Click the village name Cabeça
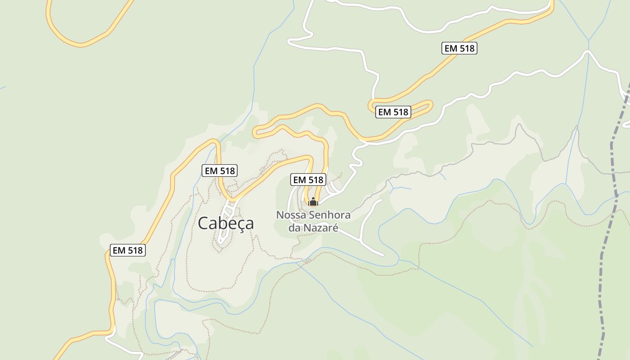tap(226, 223)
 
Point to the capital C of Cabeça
tap(203, 223)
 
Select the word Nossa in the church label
tap(290, 215)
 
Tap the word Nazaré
tap(320, 228)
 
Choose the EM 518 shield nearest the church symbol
tap(308, 180)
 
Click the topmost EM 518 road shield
tap(459, 49)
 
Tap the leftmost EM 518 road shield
tap(128, 251)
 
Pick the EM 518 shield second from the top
tap(393, 112)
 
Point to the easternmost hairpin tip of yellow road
tap(431, 104)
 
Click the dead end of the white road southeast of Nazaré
tap(382, 255)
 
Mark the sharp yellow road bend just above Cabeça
tap(231, 198)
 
